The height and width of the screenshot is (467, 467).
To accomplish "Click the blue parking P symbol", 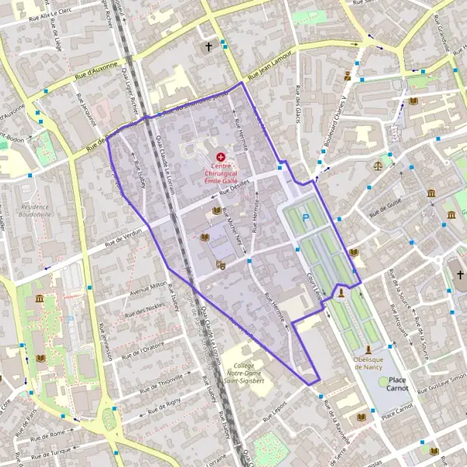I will coord(306,219).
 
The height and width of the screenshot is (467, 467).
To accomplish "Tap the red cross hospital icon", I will coord(221,156).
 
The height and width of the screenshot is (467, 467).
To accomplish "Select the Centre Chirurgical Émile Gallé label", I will coord(220,173).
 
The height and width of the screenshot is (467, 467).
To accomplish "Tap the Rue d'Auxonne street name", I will coord(97,72).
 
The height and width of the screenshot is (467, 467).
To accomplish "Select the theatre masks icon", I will coord(221,265).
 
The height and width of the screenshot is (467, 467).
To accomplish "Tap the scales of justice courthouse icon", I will coord(379,165).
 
